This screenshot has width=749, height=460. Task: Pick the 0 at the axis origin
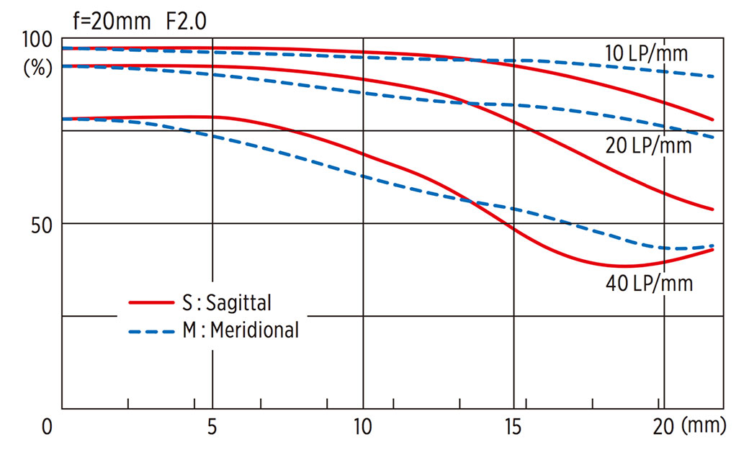pos(47,427)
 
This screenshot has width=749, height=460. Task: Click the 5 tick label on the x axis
pos(212,427)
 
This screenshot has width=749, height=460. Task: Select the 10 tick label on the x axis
pos(362,427)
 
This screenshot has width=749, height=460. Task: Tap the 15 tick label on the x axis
pos(513,427)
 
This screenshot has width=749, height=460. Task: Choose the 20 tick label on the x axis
pos(663,427)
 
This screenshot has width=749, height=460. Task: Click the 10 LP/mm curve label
pos(646,53)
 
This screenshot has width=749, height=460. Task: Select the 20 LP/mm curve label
pos(648,145)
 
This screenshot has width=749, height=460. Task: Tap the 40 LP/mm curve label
pos(649,283)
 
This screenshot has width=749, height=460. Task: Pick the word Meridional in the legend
pos(255,330)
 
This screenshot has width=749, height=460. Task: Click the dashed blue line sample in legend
pos(152,331)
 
